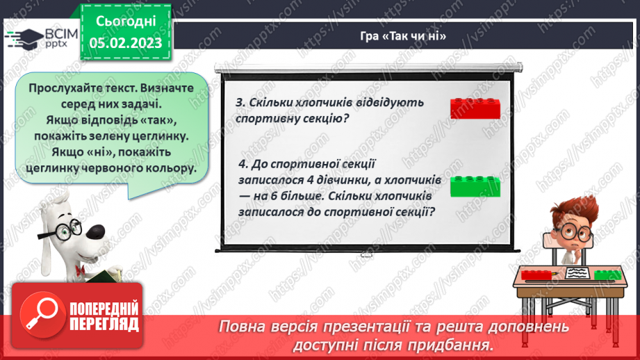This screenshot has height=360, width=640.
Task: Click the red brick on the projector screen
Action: coord(475,108)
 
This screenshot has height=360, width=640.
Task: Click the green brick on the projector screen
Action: coord(475,186)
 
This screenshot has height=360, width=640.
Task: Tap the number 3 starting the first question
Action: coord(240,103)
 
